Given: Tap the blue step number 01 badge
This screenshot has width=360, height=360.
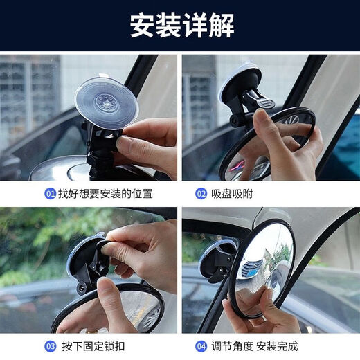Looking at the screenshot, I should tap(51, 194).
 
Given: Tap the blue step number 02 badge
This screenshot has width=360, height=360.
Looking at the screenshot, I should tap(201, 194).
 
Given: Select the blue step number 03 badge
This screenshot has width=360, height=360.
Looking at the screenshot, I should tap(51, 345).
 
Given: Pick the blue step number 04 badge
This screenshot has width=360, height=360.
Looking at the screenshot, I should tap(201, 345).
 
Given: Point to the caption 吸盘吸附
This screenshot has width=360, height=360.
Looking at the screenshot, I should tap(233, 194).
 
